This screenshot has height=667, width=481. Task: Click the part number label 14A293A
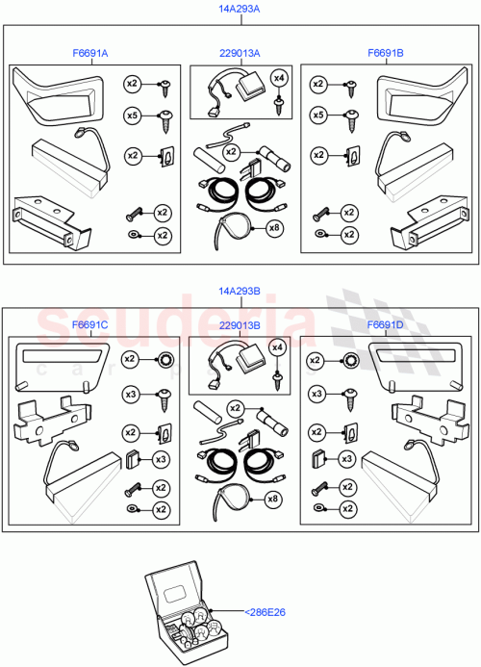click(240, 8)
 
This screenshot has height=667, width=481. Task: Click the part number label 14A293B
click(240, 290)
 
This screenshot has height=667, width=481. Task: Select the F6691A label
click(89, 54)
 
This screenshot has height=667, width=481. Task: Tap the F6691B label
click(386, 54)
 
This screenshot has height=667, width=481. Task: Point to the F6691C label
click(89, 325)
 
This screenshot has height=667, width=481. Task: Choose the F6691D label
click(386, 325)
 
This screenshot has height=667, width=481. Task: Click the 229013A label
click(239, 54)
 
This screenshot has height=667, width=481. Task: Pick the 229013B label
click(239, 325)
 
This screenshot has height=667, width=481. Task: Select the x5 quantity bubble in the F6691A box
click(133, 115)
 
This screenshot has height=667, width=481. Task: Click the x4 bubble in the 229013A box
click(279, 77)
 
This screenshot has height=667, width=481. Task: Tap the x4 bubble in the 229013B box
click(278, 347)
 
